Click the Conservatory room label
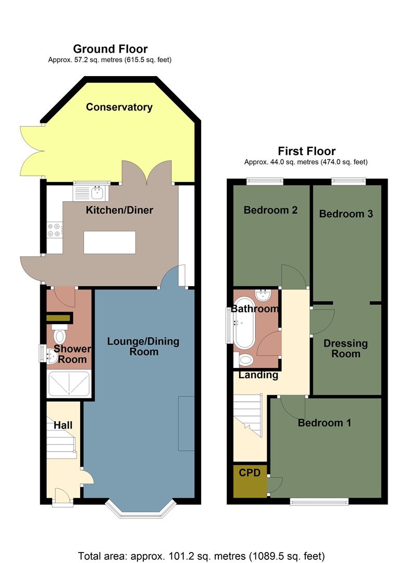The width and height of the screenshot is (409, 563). pyautogui.click(x=119, y=107)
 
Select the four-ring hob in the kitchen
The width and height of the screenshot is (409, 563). pyautogui.click(x=54, y=230)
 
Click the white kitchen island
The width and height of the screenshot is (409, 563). pyautogui.click(x=109, y=242)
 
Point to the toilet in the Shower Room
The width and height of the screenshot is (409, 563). pyautogui.click(x=60, y=335)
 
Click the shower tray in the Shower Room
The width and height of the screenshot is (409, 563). pyautogui.click(x=69, y=384)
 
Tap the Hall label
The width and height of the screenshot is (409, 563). pyautogui.click(x=63, y=426)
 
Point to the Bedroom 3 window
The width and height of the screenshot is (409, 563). pyautogui.click(x=349, y=181)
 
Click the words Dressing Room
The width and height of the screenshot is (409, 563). pyautogui.click(x=345, y=349)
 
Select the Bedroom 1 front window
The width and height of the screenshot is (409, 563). pyautogui.click(x=319, y=501)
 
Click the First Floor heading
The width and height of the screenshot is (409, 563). pyautogui.click(x=306, y=151)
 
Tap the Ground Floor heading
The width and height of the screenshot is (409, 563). pyautogui.click(x=110, y=49)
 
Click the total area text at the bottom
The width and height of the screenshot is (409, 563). pyautogui.click(x=201, y=555)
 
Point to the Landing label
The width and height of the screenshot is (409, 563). pyautogui.click(x=258, y=375)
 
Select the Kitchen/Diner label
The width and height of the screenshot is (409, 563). pyautogui.click(x=119, y=211)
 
